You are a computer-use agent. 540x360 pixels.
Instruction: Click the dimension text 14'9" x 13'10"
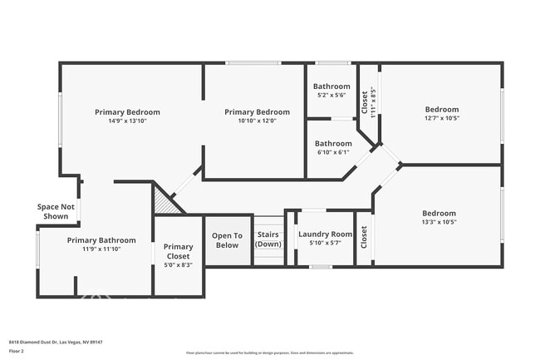click(x=127, y=121)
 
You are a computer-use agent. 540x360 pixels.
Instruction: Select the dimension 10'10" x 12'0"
click(x=257, y=121)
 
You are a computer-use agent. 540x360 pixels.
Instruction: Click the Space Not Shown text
click(x=56, y=211)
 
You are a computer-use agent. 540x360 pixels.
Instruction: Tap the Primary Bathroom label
click(x=101, y=239)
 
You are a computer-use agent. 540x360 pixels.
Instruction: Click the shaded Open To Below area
click(x=226, y=240)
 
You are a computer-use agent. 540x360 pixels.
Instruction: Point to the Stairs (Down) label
click(x=268, y=239)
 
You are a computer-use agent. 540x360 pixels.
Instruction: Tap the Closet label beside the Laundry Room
click(x=363, y=238)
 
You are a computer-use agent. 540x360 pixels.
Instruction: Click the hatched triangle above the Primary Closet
click(x=163, y=203)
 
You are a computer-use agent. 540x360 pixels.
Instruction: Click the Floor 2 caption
click(x=17, y=351)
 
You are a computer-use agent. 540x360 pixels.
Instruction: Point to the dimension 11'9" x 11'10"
click(x=101, y=249)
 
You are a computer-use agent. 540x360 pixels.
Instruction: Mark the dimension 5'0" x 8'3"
click(x=178, y=264)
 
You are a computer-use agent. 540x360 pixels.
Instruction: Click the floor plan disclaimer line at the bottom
click(x=269, y=353)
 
